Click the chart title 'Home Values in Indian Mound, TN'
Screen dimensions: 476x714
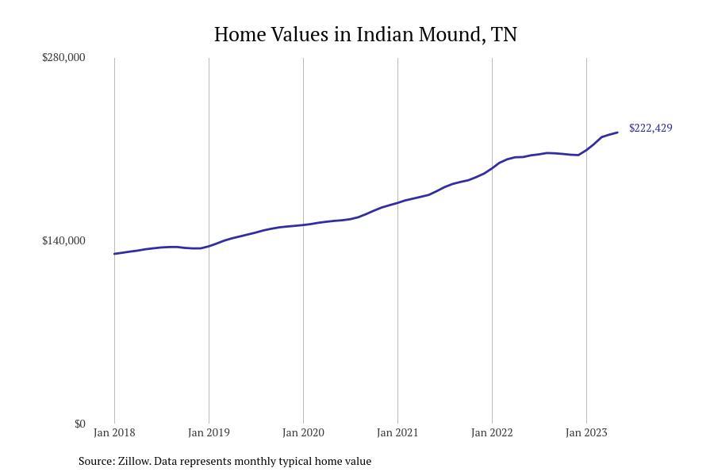(x=365, y=35)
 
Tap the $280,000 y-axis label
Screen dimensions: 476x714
(x=63, y=57)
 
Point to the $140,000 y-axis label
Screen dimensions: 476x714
(x=63, y=240)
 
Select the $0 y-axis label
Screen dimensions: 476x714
(x=79, y=424)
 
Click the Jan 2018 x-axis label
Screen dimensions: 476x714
(x=114, y=432)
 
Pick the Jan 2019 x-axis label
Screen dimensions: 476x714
(x=209, y=432)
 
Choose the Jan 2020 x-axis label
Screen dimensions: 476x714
(x=303, y=432)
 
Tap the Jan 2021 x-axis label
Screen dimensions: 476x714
(x=397, y=432)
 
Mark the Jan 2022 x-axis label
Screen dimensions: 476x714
(x=492, y=432)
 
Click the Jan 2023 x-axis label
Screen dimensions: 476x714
(x=586, y=432)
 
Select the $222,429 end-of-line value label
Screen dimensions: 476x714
(x=651, y=128)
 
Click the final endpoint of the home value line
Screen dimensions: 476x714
(x=617, y=132)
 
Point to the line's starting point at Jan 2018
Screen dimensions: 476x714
(x=114, y=254)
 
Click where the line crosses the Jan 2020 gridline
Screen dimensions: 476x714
(x=303, y=225)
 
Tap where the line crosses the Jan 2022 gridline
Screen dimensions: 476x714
(x=492, y=168)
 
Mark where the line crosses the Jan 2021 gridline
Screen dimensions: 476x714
(x=397, y=203)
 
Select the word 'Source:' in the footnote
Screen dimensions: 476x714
(x=96, y=461)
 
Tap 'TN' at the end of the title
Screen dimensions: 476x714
(x=504, y=35)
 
